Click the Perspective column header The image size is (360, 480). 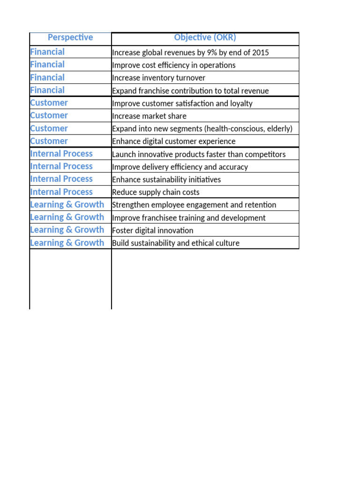tap(70, 37)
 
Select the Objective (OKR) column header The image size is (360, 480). tap(205, 37)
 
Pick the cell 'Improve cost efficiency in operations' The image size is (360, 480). tap(174, 65)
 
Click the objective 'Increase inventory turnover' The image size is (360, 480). tap(158, 78)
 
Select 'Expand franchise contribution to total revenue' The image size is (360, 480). tap(190, 90)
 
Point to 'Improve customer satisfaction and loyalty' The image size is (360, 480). tap(182, 103)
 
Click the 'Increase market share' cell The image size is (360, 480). tap(149, 116)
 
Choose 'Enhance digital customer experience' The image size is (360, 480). tap(174, 142)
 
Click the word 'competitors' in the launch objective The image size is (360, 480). tap(265, 154)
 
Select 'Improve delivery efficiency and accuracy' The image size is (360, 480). tap(180, 167)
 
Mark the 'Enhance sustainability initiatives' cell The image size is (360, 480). tap(166, 180)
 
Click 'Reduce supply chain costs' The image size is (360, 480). tap(156, 192)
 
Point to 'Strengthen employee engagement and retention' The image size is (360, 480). tap(194, 205)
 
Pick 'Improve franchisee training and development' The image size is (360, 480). tap(189, 217)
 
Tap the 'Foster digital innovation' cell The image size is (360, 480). tap(153, 230)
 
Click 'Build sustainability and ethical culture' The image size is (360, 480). tap(176, 243)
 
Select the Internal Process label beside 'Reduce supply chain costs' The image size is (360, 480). tap(61, 192)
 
